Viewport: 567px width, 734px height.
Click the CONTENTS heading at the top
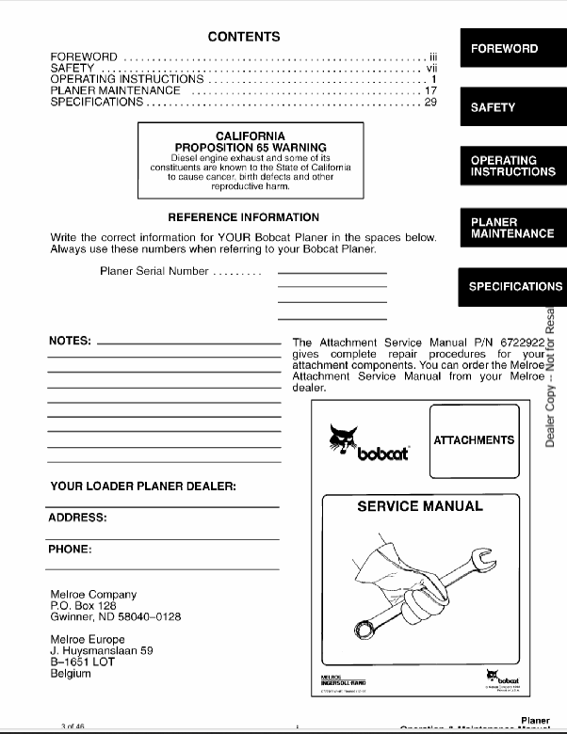coord(244,37)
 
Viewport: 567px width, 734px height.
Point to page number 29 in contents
coord(430,103)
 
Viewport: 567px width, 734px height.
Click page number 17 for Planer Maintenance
coord(430,91)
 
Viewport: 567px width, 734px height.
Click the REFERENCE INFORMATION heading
coord(244,217)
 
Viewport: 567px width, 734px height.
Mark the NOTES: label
coord(69,341)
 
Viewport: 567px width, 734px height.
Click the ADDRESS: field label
coord(77,518)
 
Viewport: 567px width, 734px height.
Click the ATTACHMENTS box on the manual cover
coord(474,440)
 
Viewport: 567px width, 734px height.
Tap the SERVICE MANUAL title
coord(420,506)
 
